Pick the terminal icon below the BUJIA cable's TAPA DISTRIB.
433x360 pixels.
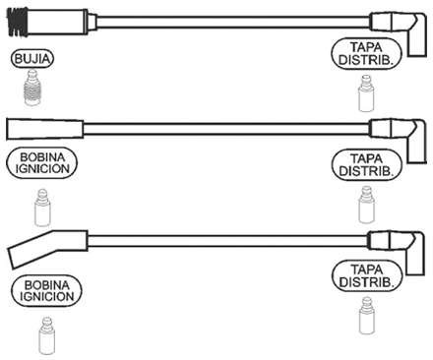coord(365,98)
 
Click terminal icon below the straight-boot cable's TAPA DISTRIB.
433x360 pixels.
coord(367,207)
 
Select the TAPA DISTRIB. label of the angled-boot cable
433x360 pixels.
coord(367,275)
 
